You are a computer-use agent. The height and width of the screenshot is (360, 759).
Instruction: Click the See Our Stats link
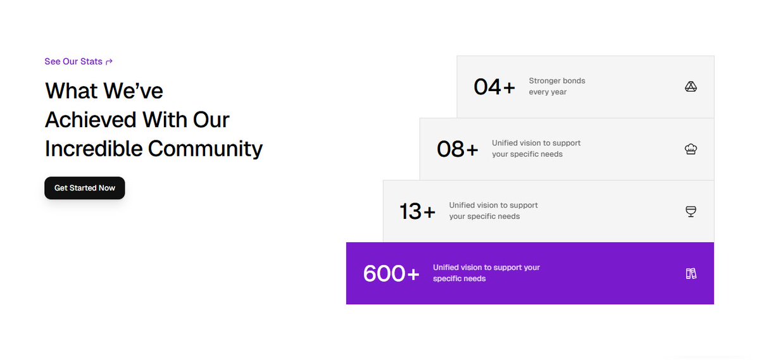point(73,61)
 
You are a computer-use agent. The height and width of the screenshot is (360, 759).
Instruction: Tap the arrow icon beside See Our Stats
point(110,61)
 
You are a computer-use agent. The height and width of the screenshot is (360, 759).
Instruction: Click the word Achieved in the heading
point(91,120)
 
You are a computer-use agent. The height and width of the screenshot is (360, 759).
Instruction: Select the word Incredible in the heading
point(94,149)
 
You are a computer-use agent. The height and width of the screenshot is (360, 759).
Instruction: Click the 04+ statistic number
point(494,87)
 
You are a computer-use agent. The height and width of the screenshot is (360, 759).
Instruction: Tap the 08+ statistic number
point(457,149)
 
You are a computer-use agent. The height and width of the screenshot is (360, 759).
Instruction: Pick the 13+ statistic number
point(417,211)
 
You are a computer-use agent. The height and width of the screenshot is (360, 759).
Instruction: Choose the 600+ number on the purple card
point(391,273)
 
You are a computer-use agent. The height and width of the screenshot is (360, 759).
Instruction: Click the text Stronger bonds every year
point(557,86)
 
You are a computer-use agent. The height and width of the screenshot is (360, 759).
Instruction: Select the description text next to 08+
point(536,149)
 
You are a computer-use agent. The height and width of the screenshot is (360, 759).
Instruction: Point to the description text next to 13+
point(493,211)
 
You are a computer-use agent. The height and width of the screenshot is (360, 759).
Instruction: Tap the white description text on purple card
point(486,273)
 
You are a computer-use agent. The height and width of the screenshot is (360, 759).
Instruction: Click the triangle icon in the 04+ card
point(691,87)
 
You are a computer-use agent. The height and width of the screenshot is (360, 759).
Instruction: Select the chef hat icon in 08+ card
point(691,149)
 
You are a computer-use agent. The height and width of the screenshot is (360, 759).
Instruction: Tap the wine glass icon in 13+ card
point(691,211)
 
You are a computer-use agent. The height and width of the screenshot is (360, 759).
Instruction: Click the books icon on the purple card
point(691,273)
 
